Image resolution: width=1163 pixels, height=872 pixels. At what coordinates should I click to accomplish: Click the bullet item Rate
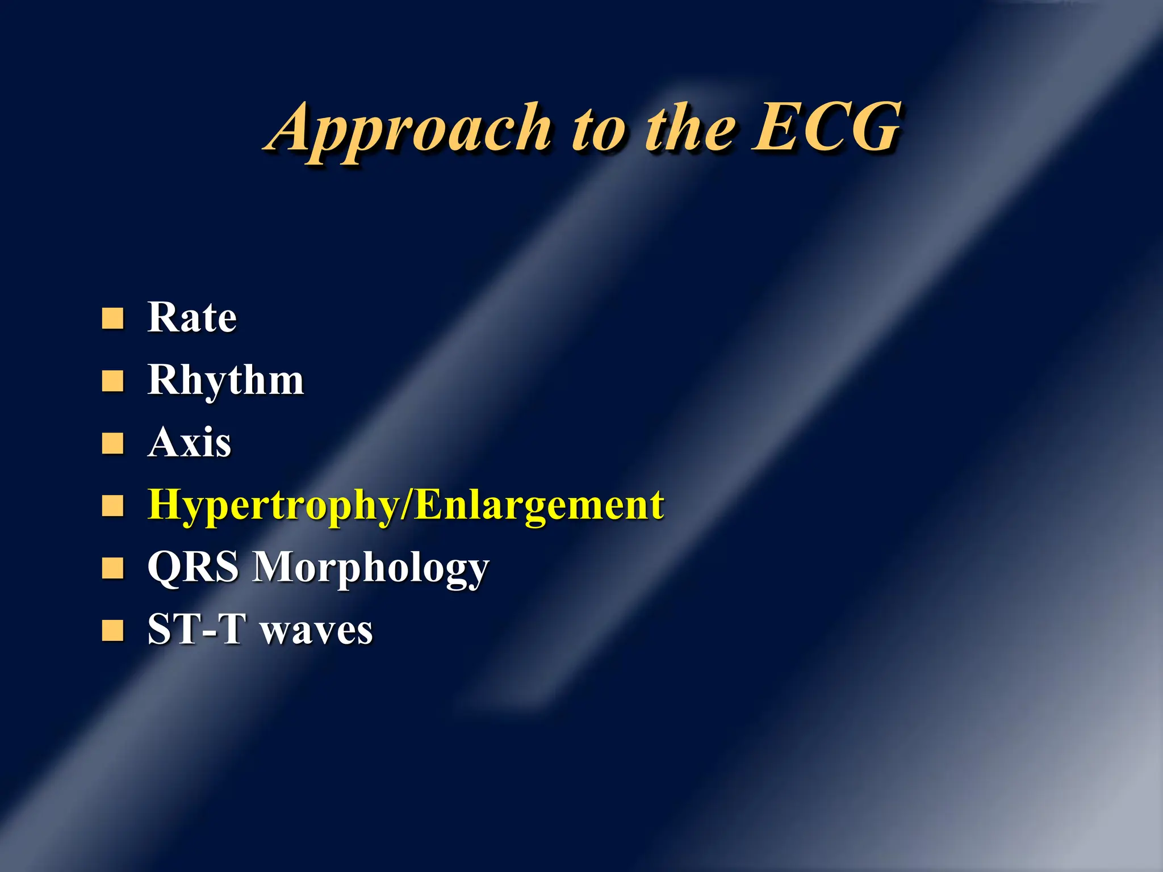192,317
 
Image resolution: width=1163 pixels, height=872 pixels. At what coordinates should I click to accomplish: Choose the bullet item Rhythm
226,380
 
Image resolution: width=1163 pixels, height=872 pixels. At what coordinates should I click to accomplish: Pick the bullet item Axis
190,442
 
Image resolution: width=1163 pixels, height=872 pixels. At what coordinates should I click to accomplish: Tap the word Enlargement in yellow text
539,505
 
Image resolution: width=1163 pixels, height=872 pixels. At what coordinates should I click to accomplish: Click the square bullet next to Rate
112,319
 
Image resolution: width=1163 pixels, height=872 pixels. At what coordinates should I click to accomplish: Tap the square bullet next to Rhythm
112,381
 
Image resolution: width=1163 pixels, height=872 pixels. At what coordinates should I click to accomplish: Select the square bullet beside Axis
112,444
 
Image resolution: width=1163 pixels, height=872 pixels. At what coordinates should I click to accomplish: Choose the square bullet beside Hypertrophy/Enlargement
112,505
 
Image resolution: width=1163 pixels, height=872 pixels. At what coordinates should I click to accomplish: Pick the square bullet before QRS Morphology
112,568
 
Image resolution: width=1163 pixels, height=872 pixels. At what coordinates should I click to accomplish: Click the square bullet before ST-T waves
112,630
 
